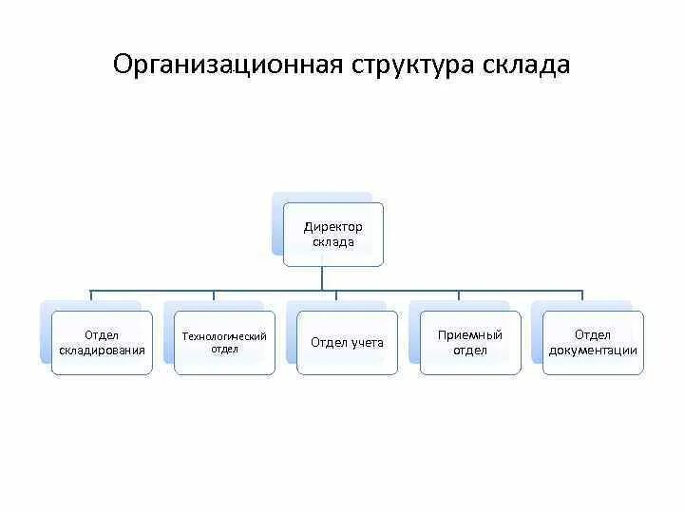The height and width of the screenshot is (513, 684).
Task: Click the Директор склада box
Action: (333, 234)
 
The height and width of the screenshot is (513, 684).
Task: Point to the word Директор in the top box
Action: (333, 227)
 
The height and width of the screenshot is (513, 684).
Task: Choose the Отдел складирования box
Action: (102, 342)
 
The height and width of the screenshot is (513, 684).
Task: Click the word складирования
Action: (102, 350)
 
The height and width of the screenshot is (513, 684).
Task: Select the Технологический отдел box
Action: (224, 342)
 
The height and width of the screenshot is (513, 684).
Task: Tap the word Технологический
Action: (224, 336)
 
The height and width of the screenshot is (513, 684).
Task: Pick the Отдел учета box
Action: (347, 342)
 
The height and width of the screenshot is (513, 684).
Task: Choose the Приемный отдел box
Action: (470, 342)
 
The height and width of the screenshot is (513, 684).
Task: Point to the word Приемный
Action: (470, 335)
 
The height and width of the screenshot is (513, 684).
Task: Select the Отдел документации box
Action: (593, 342)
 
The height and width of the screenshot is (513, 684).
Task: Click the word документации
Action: (593, 350)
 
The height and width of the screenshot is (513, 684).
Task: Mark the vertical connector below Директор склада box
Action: (323, 277)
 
